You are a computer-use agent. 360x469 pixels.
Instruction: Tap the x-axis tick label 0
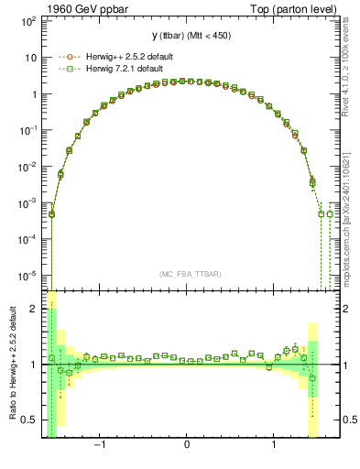pyautogui.click(x=187, y=446)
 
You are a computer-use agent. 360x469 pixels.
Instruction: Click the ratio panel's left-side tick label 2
pyautogui.click(x=35, y=309)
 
